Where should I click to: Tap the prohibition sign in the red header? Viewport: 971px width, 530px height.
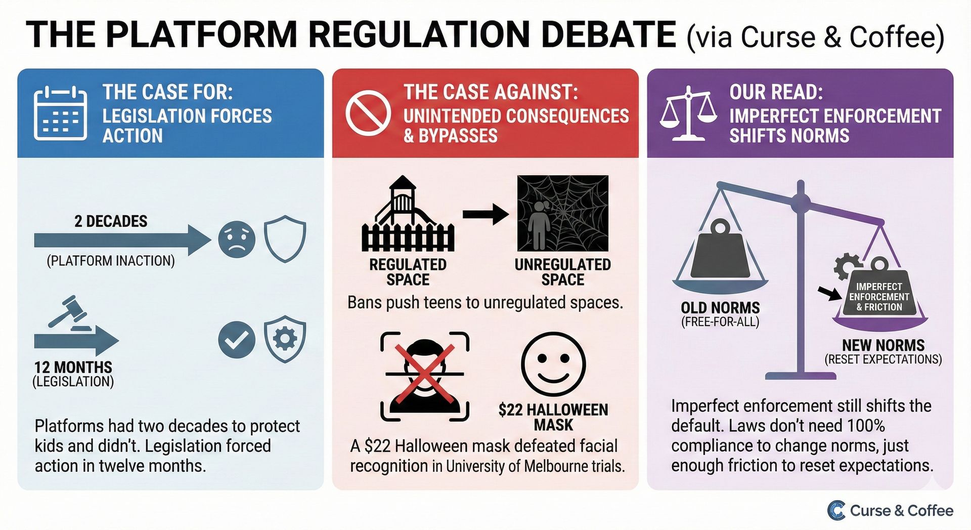coord(368,113)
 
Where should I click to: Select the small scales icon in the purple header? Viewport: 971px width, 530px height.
coord(688,113)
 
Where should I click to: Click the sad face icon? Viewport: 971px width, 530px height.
coord(237,239)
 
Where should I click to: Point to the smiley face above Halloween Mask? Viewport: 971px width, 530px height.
coord(553,364)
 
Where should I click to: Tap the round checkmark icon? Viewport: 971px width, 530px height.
coord(237,340)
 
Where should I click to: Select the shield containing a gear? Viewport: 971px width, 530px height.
coord(285,338)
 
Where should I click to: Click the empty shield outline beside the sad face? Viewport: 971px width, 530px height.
coord(285,238)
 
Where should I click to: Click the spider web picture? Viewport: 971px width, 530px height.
coord(562,214)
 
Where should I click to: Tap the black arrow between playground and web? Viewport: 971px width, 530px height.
coord(485,214)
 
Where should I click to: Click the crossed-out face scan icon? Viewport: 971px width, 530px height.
coord(425,376)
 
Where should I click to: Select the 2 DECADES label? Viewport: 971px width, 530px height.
coord(111,221)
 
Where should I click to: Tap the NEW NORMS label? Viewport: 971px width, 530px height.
coord(883,345)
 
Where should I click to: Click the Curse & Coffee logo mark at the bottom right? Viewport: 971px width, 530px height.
coord(836,510)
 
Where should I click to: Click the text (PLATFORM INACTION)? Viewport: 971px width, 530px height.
coord(111,261)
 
